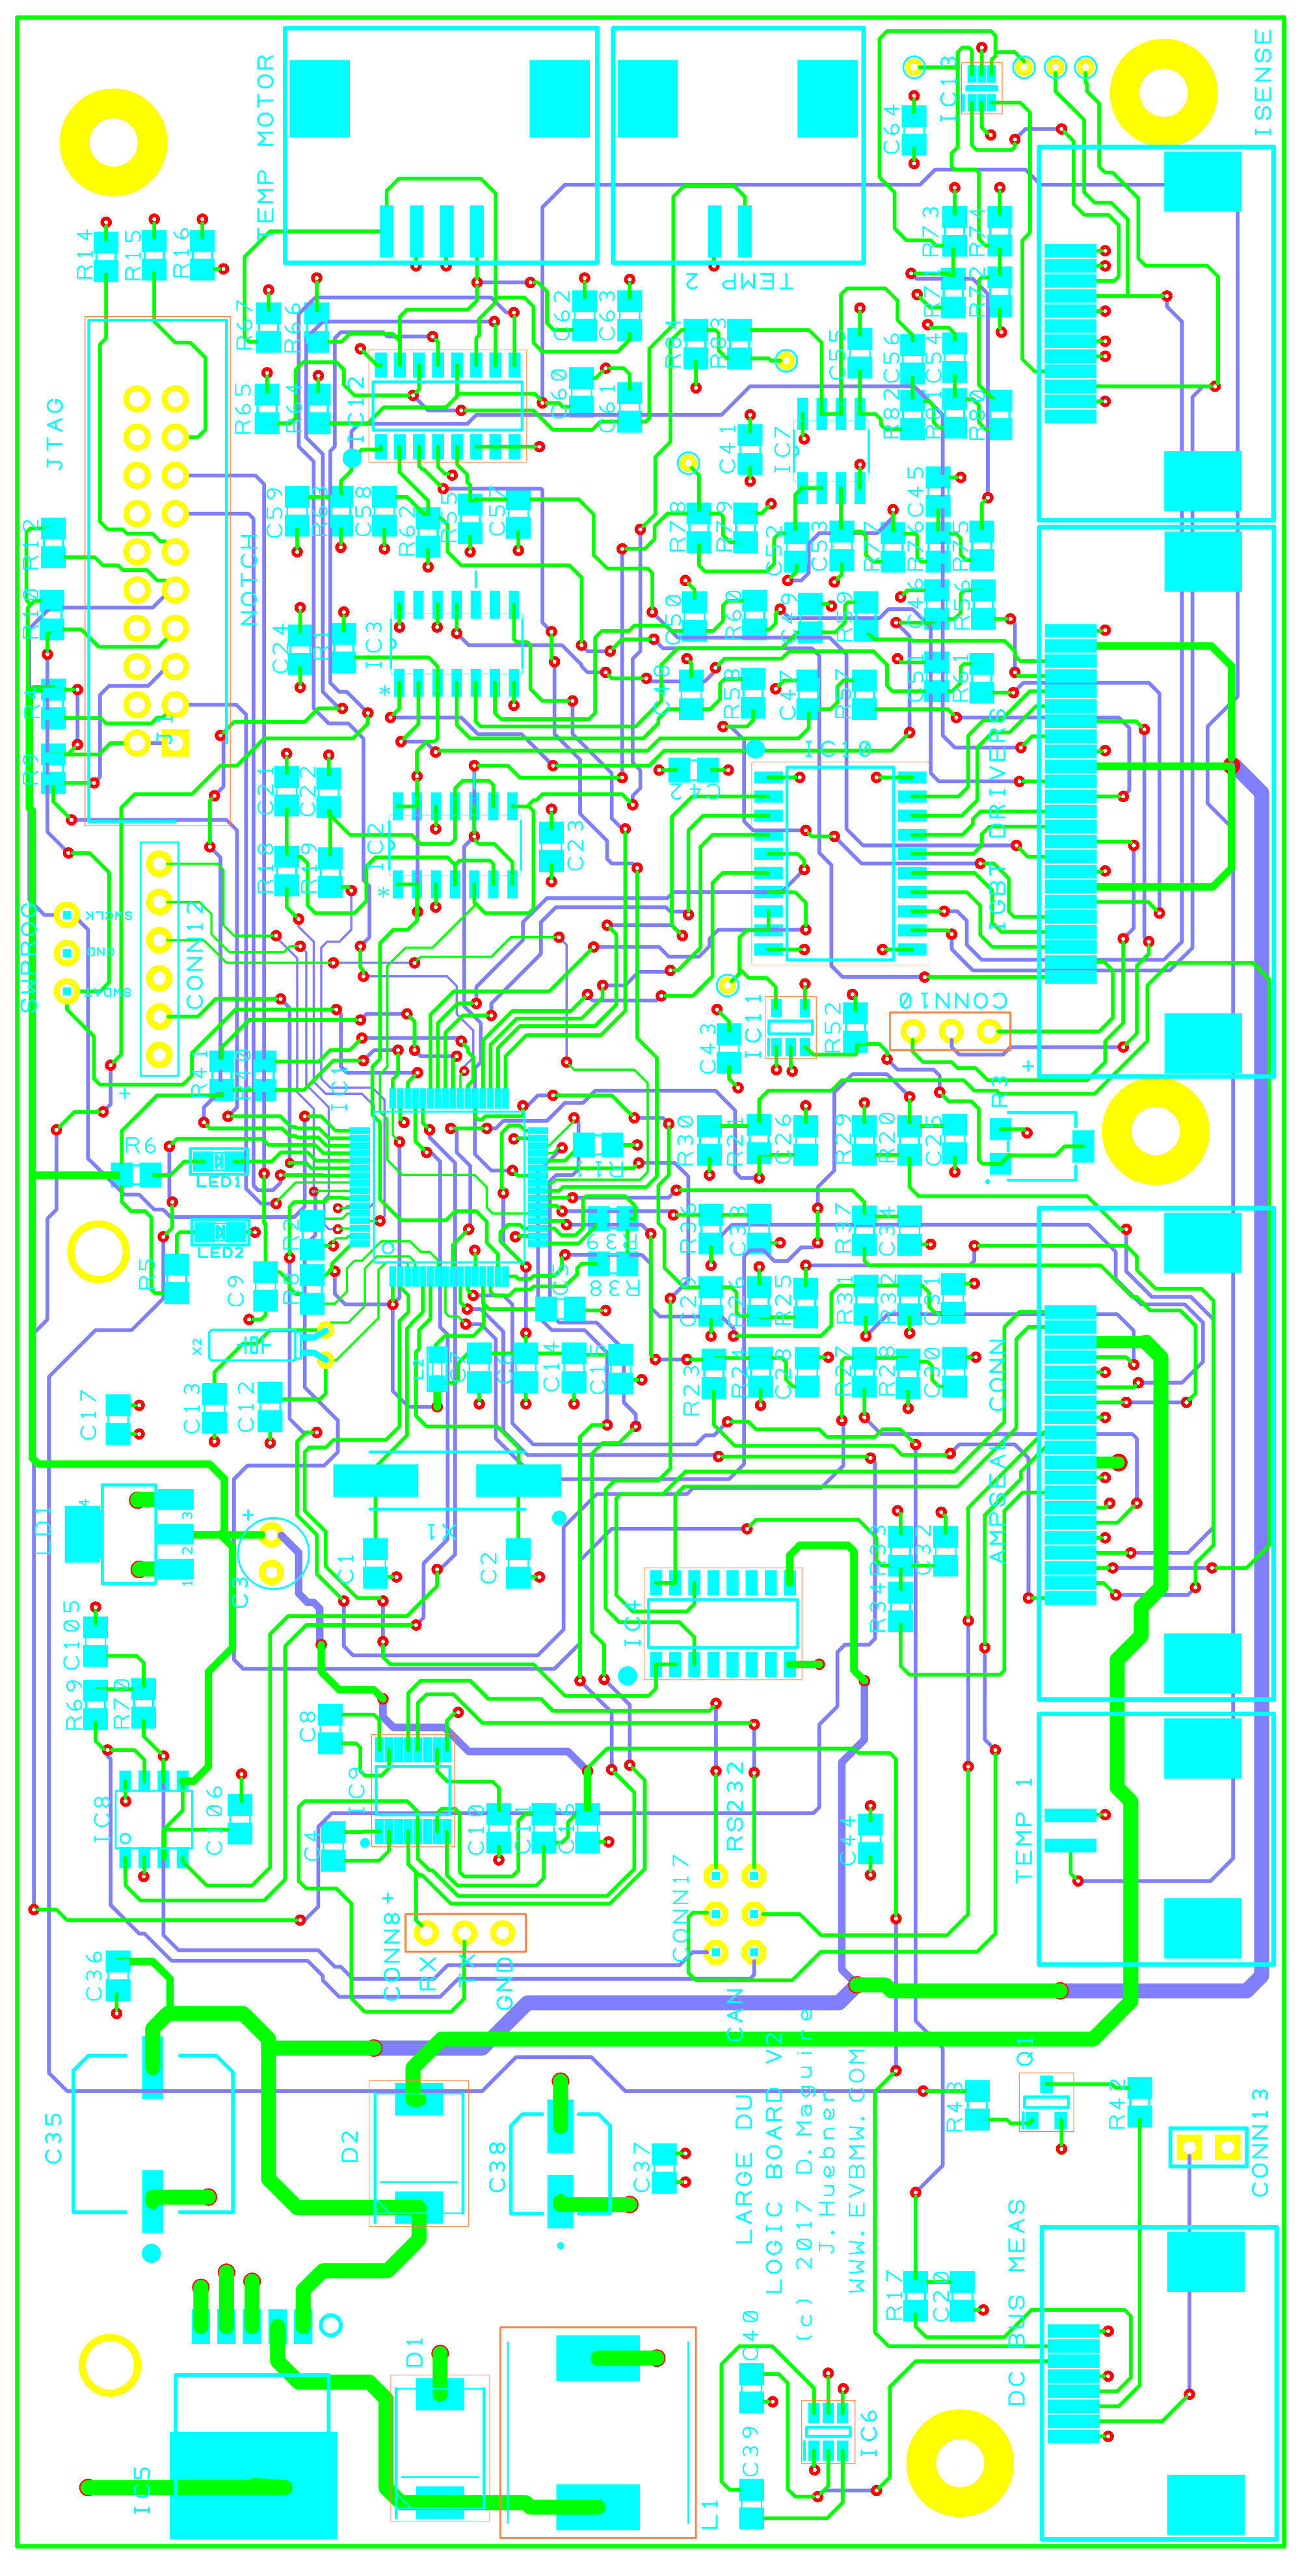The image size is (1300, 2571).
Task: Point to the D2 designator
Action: [x=349, y=2146]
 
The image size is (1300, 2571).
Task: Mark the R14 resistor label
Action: [x=84, y=254]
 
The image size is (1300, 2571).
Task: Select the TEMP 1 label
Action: [x=1024, y=1829]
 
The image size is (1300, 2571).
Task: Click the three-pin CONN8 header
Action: [x=465, y=1933]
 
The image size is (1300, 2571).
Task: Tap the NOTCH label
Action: [x=248, y=580]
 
